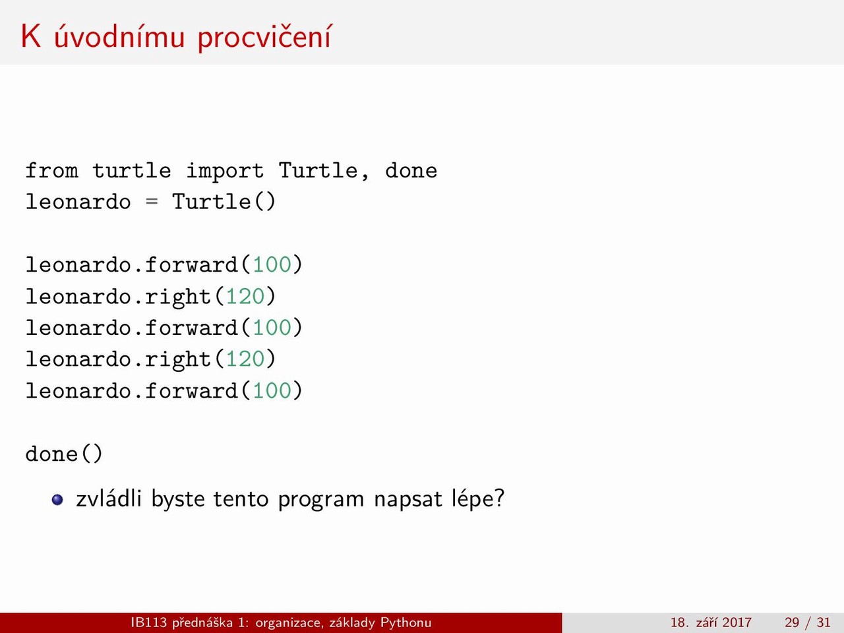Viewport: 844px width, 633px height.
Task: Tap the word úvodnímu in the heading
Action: coord(119,36)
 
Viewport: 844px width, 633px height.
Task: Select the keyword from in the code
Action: coord(52,170)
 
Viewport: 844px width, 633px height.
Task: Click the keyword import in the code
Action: coord(225,171)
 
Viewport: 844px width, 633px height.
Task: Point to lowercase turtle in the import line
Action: coord(131,170)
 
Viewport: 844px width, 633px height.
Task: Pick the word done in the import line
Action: coord(411,170)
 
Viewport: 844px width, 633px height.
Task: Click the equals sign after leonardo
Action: coord(152,202)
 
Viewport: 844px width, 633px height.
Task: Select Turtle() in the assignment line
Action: coord(224,202)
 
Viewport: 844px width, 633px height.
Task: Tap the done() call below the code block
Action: coord(64,454)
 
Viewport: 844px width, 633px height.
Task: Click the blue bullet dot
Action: coord(57,500)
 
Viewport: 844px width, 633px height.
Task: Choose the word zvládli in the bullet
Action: coord(109,499)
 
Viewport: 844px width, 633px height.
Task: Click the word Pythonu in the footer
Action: coord(406,622)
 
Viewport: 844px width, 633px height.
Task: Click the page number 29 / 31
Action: coord(808,622)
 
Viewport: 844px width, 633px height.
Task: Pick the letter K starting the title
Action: coord(31,36)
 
